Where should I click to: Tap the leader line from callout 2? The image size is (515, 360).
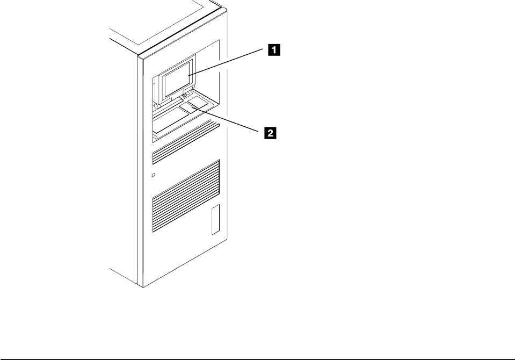(x=231, y=120)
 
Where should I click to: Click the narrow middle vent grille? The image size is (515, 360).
(x=186, y=149)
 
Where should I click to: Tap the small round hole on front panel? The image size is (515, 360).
(x=154, y=175)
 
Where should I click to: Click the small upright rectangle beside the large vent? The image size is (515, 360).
(x=215, y=219)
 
